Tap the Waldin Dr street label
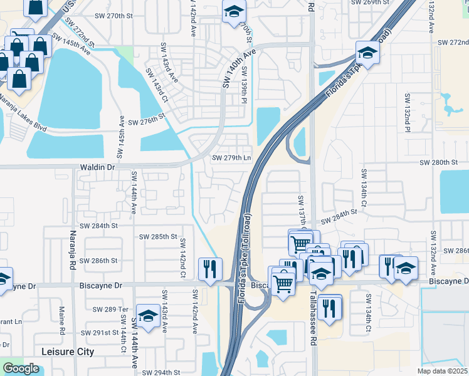[98, 168]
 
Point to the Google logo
[21, 368]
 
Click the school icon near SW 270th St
[234, 11]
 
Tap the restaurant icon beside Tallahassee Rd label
[329, 307]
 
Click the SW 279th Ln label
[231, 158]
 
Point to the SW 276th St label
[145, 117]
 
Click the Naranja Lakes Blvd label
[24, 113]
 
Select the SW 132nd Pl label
[407, 113]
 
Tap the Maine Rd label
[62, 320]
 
